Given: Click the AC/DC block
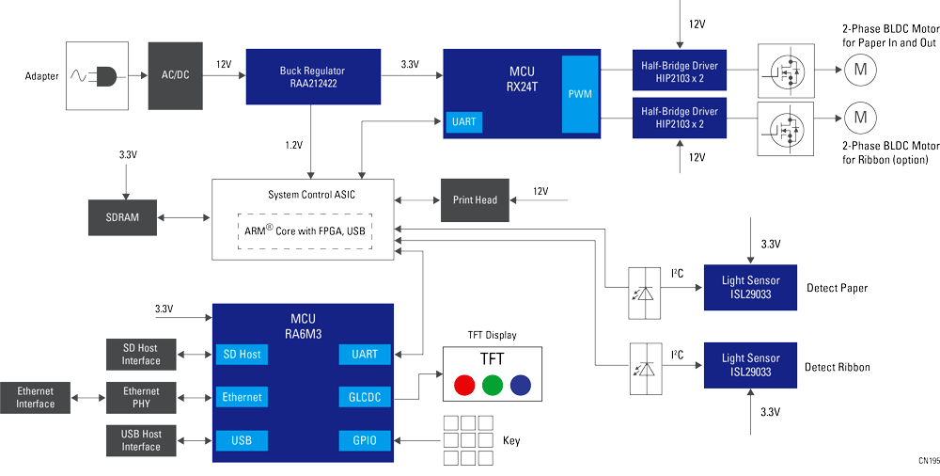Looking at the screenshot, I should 175,75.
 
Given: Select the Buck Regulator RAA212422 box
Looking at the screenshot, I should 313,76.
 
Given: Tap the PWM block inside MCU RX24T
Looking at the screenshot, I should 580,94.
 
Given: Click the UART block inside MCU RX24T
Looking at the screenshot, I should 464,122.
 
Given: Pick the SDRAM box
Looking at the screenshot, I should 122,217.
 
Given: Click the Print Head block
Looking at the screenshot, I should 475,199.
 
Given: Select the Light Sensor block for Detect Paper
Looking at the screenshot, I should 750,287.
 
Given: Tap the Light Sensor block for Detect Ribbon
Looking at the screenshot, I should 750,365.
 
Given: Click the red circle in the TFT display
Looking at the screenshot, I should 463,385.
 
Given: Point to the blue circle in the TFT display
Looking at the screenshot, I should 520,385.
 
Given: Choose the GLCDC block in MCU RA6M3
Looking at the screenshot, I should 364,397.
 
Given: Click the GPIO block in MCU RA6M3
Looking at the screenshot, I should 364,440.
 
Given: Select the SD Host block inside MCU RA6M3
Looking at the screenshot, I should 242,354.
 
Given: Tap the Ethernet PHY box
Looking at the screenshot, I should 141,397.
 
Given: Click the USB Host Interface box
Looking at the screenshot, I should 141,440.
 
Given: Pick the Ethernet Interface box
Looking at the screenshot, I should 35,397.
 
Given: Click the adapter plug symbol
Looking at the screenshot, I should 100,75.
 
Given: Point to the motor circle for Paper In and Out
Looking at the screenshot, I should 858,68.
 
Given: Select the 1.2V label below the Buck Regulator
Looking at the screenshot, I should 294,145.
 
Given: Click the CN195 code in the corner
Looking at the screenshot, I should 928,461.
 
